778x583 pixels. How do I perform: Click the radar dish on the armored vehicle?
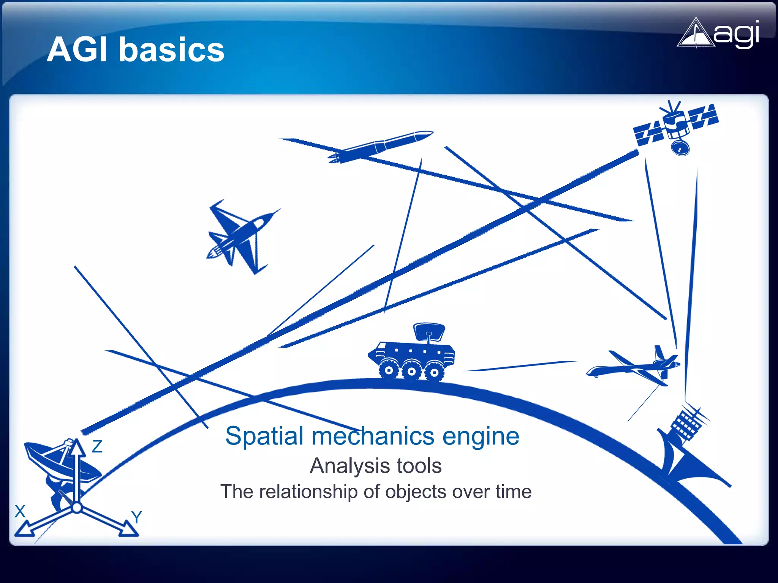[x=429, y=332]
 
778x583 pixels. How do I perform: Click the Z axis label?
[x=97, y=447]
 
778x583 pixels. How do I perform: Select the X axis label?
[x=20, y=511]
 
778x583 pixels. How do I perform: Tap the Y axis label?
[x=136, y=517]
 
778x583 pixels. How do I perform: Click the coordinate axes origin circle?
[x=77, y=507]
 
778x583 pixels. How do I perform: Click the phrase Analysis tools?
[x=375, y=466]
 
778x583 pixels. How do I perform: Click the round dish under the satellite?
[x=680, y=148]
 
